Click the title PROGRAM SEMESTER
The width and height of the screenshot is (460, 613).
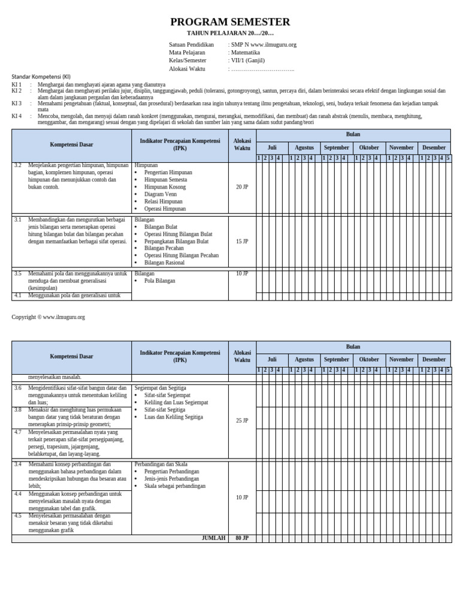tap(230, 22)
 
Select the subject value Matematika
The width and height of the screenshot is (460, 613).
tap(246, 53)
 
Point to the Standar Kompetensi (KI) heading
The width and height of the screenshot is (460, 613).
tap(41, 77)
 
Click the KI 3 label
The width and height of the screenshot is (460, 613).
tap(17, 104)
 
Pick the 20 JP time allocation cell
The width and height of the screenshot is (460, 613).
tap(242, 187)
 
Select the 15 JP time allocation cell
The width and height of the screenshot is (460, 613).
tap(242, 241)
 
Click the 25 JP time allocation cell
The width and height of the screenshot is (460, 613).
tap(242, 421)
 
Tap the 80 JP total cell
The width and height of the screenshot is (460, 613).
tap(242, 538)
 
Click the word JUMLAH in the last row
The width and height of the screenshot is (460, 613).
tap(213, 538)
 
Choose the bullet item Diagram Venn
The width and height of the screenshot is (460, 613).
tap(161, 195)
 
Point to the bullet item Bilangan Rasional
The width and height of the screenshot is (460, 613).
tap(165, 263)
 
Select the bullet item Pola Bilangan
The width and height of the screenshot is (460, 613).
tap(159, 281)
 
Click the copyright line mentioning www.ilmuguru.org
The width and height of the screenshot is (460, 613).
tap(49, 317)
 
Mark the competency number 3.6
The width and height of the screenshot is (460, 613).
tap(18, 388)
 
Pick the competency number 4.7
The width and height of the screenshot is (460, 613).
tap(18, 432)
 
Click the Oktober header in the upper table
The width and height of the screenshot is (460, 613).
tap(369, 147)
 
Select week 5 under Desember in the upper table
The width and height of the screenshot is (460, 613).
tap(448, 158)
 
